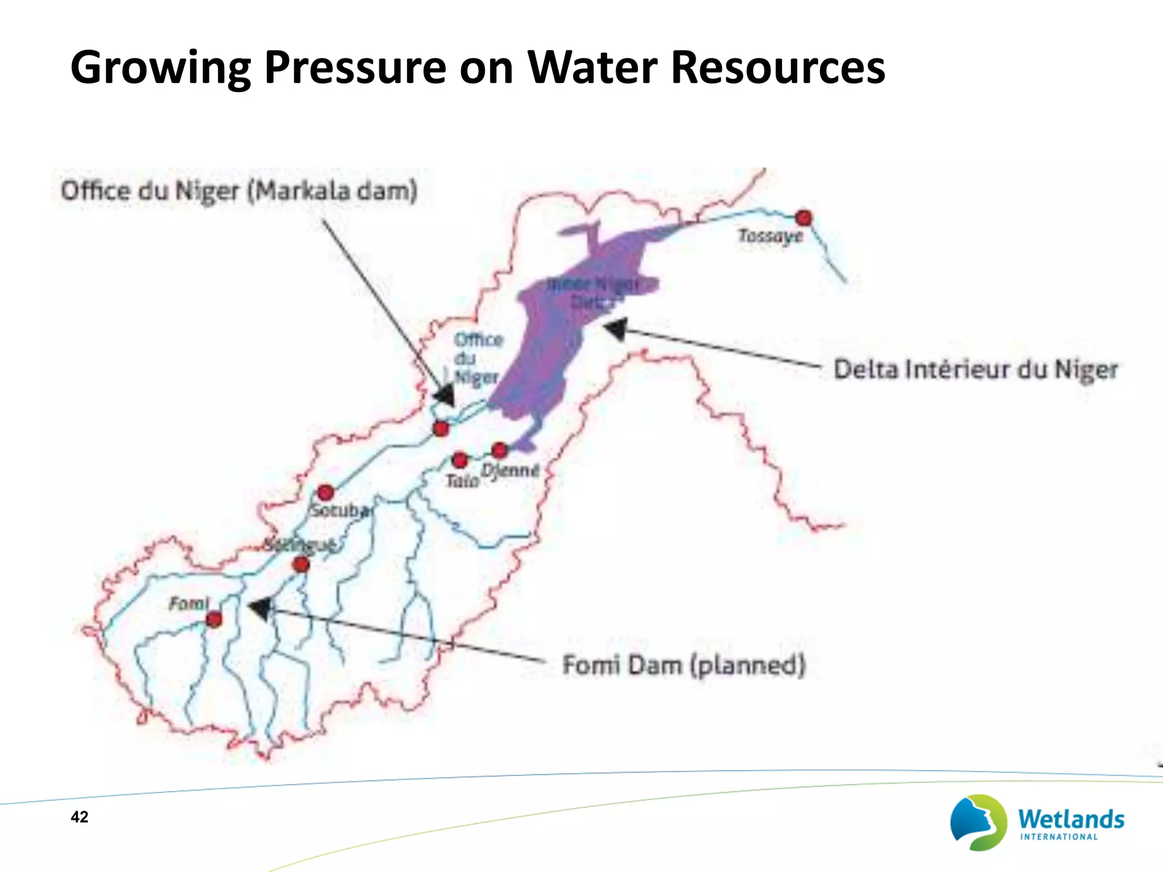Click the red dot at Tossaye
pyautogui.click(x=804, y=217)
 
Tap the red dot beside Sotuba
pyautogui.click(x=325, y=492)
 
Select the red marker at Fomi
pyautogui.click(x=214, y=619)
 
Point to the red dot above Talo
pyautogui.click(x=460, y=459)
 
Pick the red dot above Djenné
pyautogui.click(x=500, y=450)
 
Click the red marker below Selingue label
pyautogui.click(x=301, y=564)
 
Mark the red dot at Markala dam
pyautogui.click(x=441, y=428)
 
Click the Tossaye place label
pyautogui.click(x=771, y=236)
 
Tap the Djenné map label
pyautogui.click(x=510, y=471)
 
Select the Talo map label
pyautogui.click(x=462, y=481)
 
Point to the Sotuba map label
pyautogui.click(x=340, y=510)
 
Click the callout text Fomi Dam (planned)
pyautogui.click(x=684, y=665)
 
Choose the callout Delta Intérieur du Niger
pyautogui.click(x=976, y=370)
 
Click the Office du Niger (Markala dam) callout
pyautogui.click(x=239, y=191)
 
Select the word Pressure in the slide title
pyautogui.click(x=355, y=68)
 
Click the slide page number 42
pyautogui.click(x=80, y=817)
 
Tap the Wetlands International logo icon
pyautogui.click(x=978, y=822)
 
